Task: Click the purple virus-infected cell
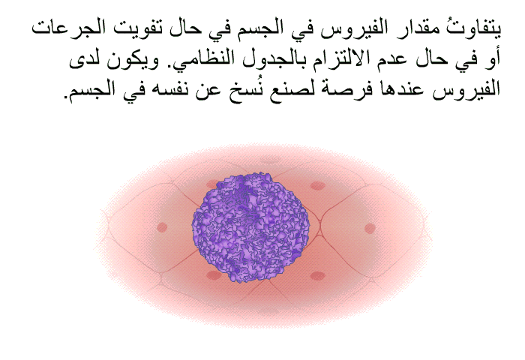point(250,226)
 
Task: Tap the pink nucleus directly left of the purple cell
point(162,227)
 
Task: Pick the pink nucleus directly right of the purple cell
point(370,229)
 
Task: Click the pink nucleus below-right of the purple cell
point(317,275)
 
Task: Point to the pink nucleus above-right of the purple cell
point(317,186)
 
